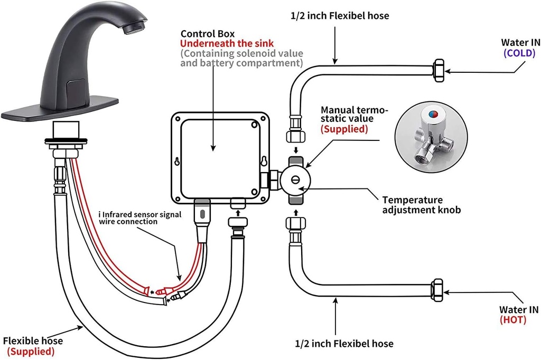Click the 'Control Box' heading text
coord(207,33)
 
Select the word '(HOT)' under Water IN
coord(512,319)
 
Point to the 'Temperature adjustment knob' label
coord(421,205)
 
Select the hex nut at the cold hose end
coord(439,70)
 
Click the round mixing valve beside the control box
coord(296,179)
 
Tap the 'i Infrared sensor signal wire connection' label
coord(140,218)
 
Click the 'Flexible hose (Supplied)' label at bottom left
coord(33,345)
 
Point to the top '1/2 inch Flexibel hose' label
coord(340,16)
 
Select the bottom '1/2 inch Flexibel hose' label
coord(344,344)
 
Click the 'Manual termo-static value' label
coord(354,115)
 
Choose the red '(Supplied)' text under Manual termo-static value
coord(344,129)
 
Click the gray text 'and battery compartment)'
coord(241,63)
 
